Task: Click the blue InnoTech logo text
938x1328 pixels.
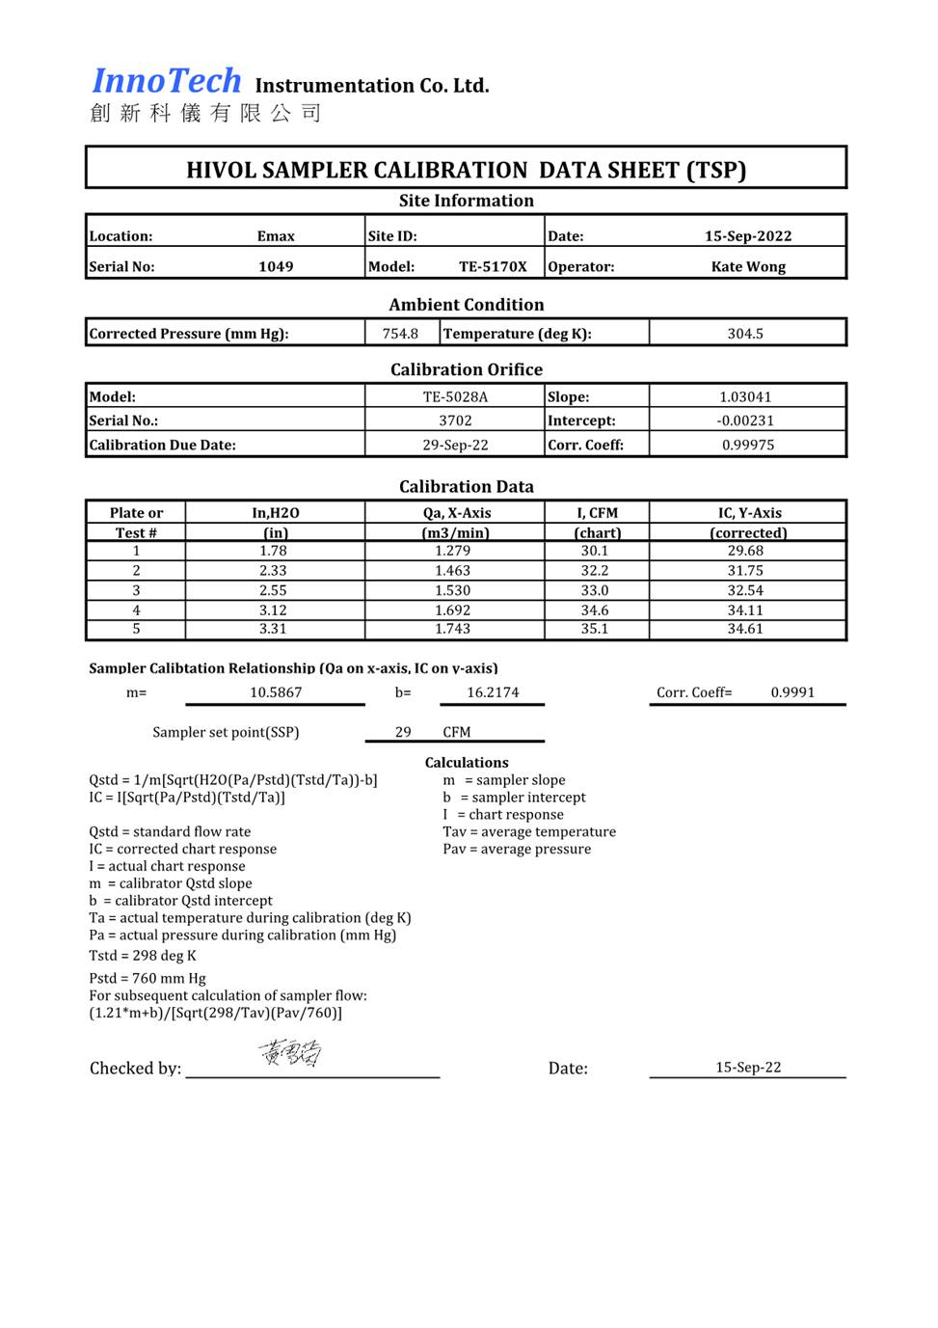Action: (166, 82)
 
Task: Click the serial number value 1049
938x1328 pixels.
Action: (276, 266)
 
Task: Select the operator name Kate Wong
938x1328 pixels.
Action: (748, 266)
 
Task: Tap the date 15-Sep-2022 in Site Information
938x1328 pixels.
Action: (748, 236)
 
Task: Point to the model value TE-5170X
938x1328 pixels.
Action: (493, 266)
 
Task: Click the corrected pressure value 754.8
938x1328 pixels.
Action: (400, 334)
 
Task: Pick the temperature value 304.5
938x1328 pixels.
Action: (745, 334)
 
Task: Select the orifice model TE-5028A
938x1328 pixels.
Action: (455, 396)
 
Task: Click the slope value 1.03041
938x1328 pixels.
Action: (745, 396)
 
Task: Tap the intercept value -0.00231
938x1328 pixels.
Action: (745, 420)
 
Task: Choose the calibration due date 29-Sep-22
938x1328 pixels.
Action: (455, 445)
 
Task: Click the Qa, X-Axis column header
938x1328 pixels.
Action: (456, 513)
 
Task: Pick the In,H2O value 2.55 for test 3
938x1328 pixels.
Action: (273, 590)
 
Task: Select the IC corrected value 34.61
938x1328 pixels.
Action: (745, 629)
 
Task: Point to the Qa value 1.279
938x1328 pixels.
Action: (452, 551)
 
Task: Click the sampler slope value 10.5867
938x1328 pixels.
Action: (276, 692)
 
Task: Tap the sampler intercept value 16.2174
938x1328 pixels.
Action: (493, 692)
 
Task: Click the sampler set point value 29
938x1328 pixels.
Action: (403, 732)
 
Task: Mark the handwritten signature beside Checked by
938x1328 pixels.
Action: (290, 1053)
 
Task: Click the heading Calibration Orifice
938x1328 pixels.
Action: (467, 369)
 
